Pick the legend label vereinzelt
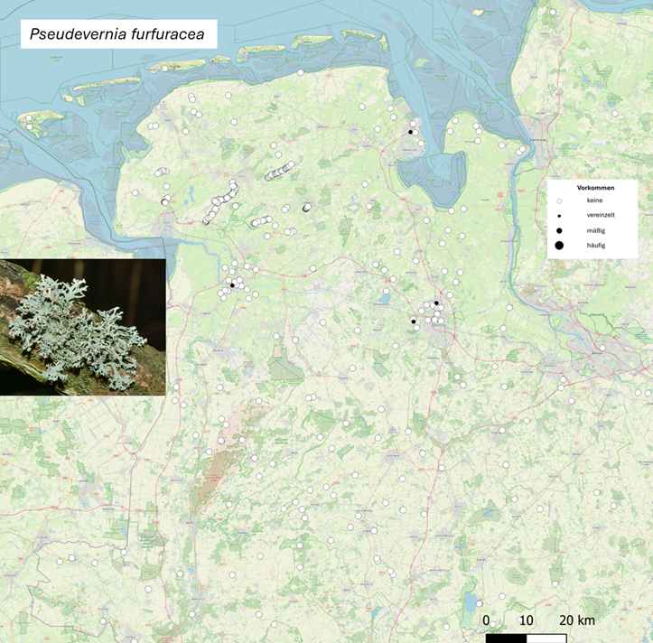(600, 215)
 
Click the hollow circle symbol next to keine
(559, 200)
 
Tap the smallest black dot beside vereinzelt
(559, 216)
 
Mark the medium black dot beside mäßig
(559, 230)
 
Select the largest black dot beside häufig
(559, 245)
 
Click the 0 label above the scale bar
(486, 620)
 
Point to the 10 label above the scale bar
(526, 620)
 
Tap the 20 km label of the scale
(576, 620)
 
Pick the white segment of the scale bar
(546, 638)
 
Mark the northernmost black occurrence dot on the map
(410, 132)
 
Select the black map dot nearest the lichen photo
(232, 285)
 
